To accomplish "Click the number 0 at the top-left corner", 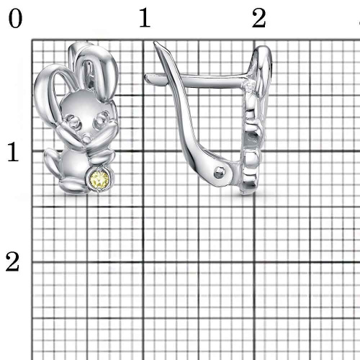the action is tap(15, 19).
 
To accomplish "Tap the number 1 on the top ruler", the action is tap(145, 17).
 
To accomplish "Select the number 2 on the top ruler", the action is tap(259, 18).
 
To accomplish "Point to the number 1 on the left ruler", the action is tap(13, 152).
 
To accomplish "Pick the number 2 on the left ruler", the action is tap(12, 262).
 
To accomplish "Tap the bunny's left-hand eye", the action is tap(73, 121).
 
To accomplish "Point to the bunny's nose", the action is tap(86, 138).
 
